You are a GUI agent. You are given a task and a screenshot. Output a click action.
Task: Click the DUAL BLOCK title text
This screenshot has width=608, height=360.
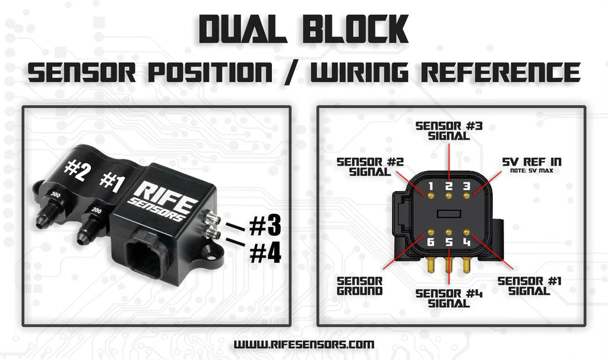[x=303, y=29]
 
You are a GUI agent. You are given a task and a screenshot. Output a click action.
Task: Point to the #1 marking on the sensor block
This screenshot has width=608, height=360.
[x=111, y=180]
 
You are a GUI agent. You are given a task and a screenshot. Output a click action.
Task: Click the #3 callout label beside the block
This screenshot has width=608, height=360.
[x=264, y=226]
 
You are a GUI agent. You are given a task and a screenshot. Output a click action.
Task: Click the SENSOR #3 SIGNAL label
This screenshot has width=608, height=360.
[x=448, y=131]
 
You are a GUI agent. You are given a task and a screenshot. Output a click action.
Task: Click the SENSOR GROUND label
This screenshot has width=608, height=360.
[x=360, y=286]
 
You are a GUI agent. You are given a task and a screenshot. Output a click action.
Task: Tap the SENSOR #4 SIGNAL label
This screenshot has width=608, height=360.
[x=448, y=298]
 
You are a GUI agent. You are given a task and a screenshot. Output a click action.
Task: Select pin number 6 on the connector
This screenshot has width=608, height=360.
[x=432, y=242]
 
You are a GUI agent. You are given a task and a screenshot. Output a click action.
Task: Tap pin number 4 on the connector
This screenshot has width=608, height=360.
[x=467, y=242]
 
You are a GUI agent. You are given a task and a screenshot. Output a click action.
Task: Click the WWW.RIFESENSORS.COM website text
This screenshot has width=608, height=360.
[x=304, y=344]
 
